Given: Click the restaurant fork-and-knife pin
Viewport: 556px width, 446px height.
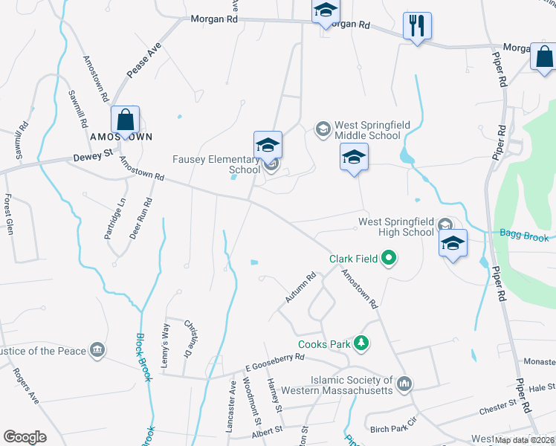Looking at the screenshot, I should (x=417, y=26).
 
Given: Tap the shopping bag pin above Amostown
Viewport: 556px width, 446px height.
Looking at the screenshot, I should (x=125, y=120).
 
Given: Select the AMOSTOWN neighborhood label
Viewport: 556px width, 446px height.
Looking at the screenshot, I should (x=121, y=138).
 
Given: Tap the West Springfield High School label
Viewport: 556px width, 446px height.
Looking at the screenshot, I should (x=395, y=227).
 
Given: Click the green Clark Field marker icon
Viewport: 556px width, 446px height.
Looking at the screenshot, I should (x=389, y=259).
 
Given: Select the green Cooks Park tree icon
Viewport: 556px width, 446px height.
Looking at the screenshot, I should (x=361, y=343).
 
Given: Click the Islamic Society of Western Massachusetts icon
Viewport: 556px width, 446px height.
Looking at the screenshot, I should (x=404, y=384).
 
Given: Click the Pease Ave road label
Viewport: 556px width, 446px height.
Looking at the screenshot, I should (x=143, y=61).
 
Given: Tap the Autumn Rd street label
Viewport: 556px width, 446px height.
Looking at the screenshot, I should (x=301, y=288).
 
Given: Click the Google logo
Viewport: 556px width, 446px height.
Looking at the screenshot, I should (x=25, y=437).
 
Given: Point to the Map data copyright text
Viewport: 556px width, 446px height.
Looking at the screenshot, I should (x=525, y=440).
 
